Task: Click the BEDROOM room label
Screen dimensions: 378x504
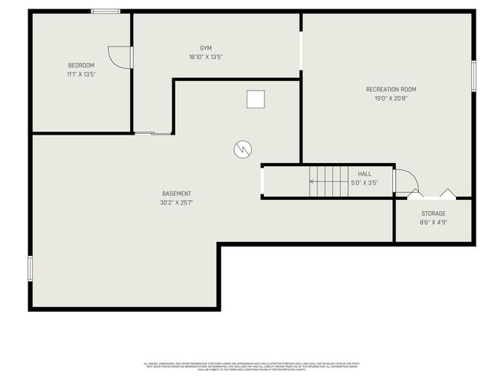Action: pyautogui.click(x=81, y=65)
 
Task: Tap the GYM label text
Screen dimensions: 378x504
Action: pyautogui.click(x=206, y=48)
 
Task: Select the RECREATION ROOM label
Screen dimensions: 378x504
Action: pyautogui.click(x=391, y=90)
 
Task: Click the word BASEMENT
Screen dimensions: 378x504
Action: pyautogui.click(x=176, y=194)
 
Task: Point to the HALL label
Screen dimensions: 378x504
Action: pyautogui.click(x=365, y=174)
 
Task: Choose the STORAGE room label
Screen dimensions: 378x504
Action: pyautogui.click(x=433, y=213)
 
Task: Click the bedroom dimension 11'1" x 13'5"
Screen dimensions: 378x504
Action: pyautogui.click(x=81, y=74)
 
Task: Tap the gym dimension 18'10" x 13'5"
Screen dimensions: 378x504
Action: pyautogui.click(x=206, y=57)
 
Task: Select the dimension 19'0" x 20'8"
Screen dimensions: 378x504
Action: pyautogui.click(x=391, y=98)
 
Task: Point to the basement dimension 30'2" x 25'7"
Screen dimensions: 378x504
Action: pyautogui.click(x=176, y=202)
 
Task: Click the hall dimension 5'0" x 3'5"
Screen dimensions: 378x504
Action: pyautogui.click(x=365, y=183)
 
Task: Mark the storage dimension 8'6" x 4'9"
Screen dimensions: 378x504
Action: pyautogui.click(x=433, y=222)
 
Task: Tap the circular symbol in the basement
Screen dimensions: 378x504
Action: pyautogui.click(x=243, y=148)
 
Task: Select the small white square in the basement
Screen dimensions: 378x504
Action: pyautogui.click(x=255, y=99)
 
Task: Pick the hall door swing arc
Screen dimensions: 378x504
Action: pyautogui.click(x=403, y=180)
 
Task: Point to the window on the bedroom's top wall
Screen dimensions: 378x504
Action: pyautogui.click(x=105, y=11)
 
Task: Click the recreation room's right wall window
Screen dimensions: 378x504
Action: pyautogui.click(x=474, y=77)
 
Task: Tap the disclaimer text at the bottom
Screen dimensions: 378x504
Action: pyautogui.click(x=252, y=365)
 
